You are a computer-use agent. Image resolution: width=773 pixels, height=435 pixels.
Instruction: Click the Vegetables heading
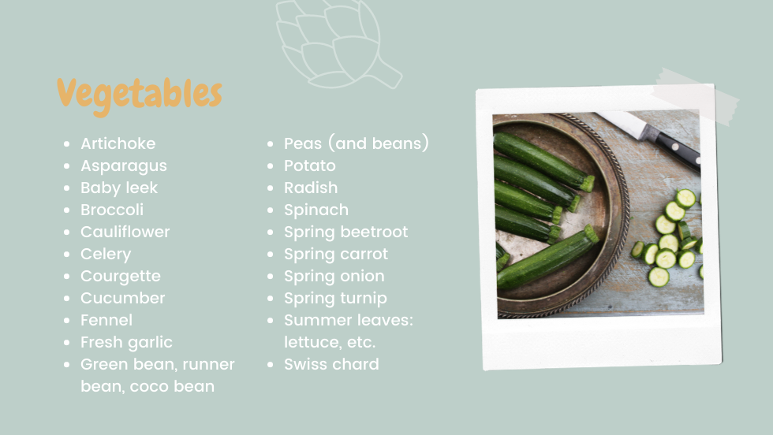(x=140, y=95)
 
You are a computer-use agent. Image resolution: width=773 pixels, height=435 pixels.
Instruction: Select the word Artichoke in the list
(x=118, y=143)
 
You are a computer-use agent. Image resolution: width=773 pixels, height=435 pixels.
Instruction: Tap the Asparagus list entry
(x=124, y=166)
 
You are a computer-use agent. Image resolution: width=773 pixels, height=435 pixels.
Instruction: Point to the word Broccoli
(x=112, y=210)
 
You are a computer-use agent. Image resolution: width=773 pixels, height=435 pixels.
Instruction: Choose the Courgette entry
(x=120, y=277)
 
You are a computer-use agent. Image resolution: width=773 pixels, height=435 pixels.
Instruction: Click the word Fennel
(x=106, y=320)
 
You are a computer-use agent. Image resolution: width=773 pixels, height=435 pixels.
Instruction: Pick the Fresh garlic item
(x=126, y=342)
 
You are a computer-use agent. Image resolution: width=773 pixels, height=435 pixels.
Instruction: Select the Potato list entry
(x=309, y=165)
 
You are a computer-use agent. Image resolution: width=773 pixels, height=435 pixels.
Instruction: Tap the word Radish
(x=311, y=188)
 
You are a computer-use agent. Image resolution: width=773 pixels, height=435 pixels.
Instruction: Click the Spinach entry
(x=316, y=210)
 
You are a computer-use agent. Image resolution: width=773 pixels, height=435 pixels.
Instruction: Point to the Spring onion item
(x=334, y=277)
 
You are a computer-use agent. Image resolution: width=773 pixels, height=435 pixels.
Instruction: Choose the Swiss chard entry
(x=331, y=365)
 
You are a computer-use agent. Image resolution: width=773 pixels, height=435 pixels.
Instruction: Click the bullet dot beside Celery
(x=66, y=255)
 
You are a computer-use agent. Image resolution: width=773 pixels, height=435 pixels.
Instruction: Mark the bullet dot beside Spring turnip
(x=270, y=299)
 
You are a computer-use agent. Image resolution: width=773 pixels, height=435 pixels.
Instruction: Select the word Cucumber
(x=123, y=299)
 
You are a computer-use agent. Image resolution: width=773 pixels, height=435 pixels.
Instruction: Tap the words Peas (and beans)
(x=357, y=143)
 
